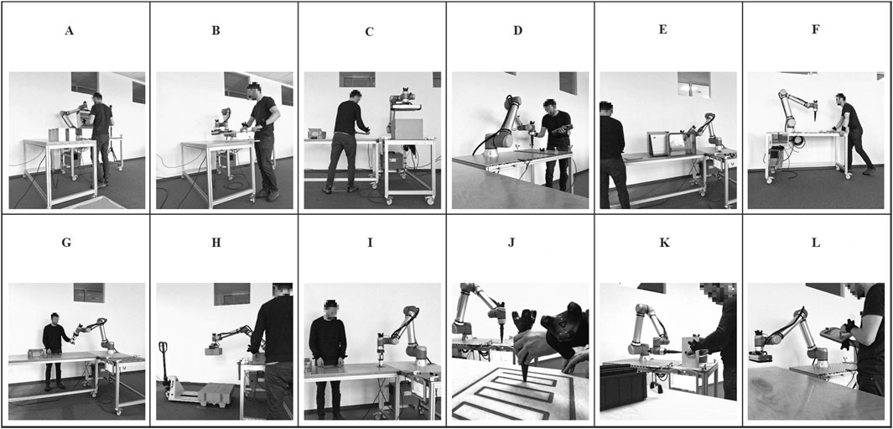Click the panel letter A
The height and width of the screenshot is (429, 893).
70,31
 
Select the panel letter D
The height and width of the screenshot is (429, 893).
517,31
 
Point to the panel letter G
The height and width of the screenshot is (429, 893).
66,243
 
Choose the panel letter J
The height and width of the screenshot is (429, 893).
517,243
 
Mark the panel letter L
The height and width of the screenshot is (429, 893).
816,243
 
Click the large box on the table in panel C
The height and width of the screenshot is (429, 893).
407,129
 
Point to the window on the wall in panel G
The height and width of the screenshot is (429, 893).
89,293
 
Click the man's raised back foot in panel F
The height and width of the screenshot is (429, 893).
869,170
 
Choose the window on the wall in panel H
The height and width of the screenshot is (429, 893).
231,294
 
